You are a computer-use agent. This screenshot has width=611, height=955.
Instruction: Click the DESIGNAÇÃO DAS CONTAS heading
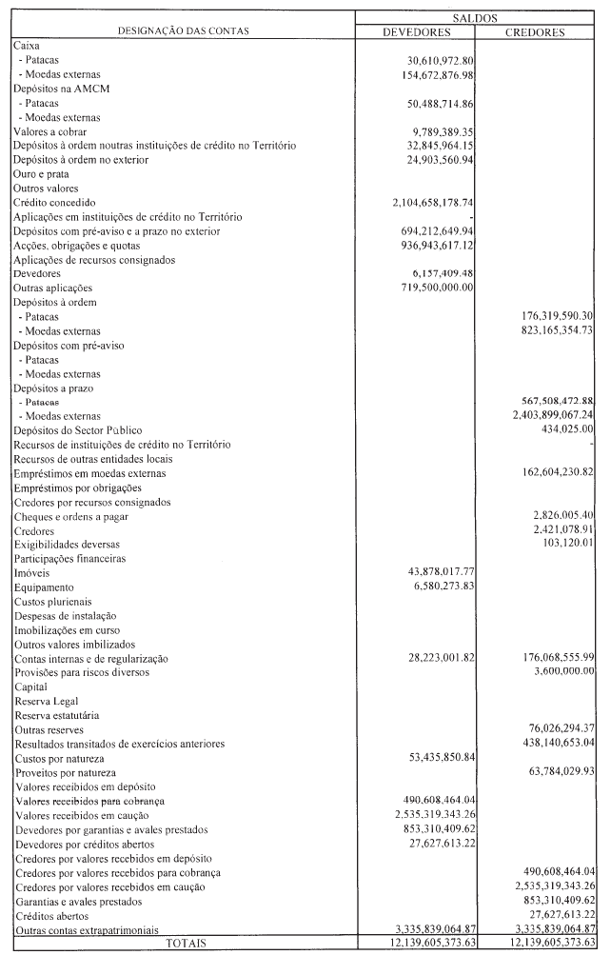(183, 30)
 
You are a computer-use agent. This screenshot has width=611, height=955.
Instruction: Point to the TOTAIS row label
(183, 943)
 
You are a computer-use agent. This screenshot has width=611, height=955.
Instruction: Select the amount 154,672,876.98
(435, 73)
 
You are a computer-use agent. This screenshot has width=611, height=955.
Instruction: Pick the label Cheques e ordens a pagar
(70, 515)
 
